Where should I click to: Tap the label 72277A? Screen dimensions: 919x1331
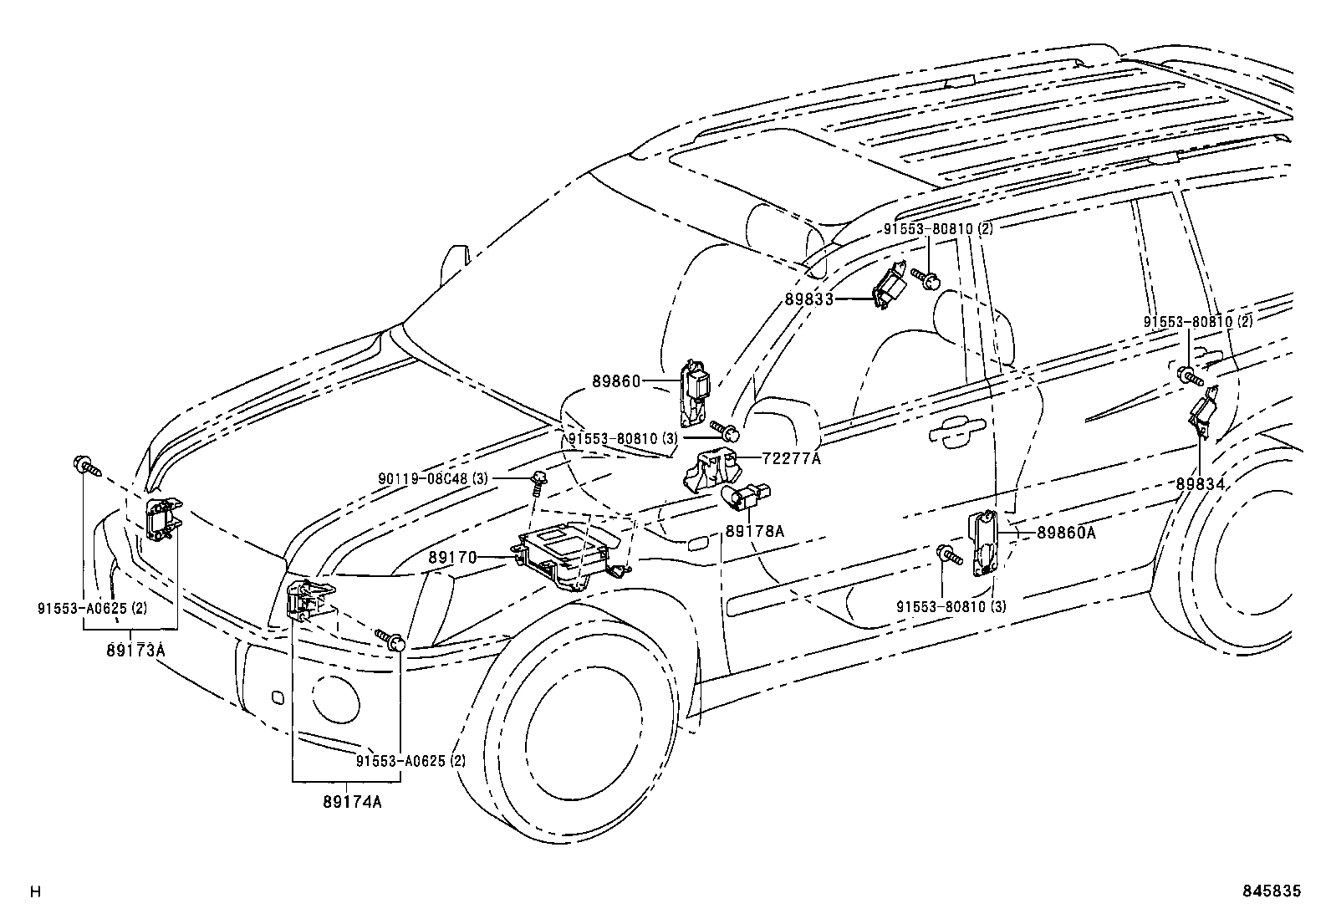pos(791,458)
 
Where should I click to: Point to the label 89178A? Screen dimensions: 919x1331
pos(754,530)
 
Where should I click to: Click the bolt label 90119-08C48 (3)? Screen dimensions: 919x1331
pos(432,478)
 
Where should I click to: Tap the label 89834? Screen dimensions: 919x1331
pos(1200,483)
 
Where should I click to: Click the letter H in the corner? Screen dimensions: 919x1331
pos(35,892)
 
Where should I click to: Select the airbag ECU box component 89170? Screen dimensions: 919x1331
pos(569,554)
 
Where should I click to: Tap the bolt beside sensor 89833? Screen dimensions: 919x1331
pos(924,278)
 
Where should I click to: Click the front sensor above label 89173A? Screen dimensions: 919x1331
pos(162,518)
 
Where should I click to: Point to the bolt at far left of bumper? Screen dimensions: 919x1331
pos(85,465)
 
